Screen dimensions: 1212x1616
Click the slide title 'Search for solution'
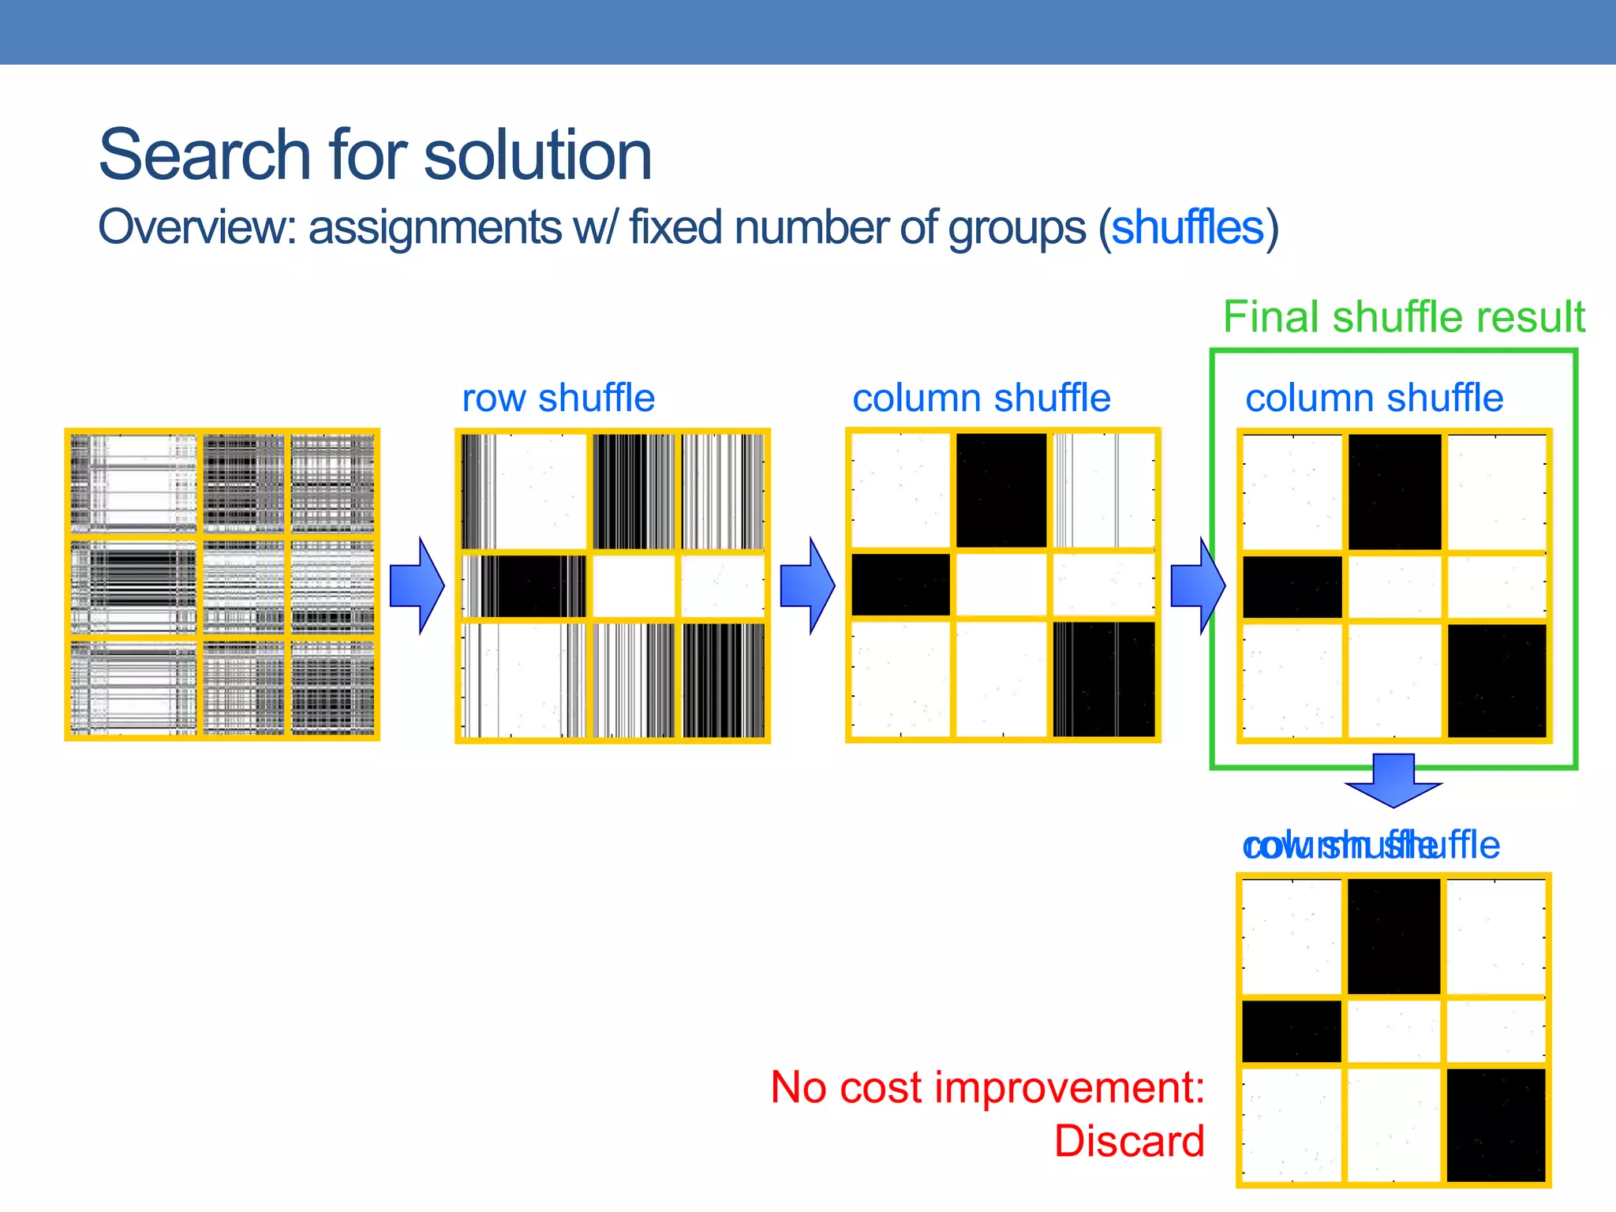(375, 155)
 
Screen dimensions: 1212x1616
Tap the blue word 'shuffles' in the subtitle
(1188, 228)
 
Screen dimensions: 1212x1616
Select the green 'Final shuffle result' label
(1403, 317)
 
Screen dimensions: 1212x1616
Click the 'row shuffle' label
(558, 398)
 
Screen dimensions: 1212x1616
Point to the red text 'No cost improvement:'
(987, 1087)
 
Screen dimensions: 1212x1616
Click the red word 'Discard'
(1129, 1142)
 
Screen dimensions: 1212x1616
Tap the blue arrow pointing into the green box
(1198, 585)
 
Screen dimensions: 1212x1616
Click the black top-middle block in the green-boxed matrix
(1394, 491)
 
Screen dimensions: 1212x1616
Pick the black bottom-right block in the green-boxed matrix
(1497, 680)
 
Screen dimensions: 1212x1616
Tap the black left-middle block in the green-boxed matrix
(1292, 587)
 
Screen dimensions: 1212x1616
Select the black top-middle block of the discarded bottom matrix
(1393, 937)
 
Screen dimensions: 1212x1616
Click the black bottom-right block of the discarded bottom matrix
(1496, 1124)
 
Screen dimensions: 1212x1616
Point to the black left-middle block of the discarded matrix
(1291, 1031)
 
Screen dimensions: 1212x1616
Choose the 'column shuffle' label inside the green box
(1374, 398)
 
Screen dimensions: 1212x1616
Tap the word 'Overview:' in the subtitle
(196, 228)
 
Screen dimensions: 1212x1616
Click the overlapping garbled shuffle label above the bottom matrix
(1371, 846)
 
